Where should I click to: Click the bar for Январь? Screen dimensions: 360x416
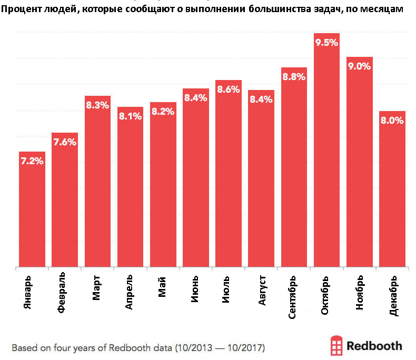[32, 211]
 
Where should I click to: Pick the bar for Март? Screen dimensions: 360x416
[97, 184]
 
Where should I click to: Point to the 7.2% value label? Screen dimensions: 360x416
[32, 162]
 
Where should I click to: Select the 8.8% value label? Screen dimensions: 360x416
[294, 77]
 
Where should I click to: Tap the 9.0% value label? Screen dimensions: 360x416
[359, 66]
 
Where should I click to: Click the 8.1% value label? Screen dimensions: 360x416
[130, 116]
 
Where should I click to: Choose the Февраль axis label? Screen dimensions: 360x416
[62, 293]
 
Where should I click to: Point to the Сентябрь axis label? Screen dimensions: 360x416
[293, 296]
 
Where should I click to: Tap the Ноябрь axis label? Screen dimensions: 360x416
[359, 292]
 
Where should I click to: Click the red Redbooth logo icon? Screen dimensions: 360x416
[336, 346]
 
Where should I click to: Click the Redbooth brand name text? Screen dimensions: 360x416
[375, 346]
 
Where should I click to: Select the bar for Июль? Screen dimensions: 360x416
[228, 174]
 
